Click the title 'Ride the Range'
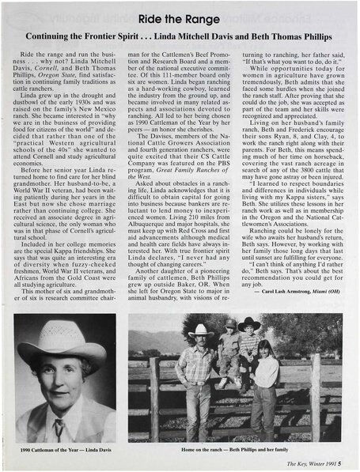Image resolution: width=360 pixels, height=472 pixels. pyautogui.click(x=179, y=17)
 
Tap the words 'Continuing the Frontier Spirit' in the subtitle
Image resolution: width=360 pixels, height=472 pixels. pyautogui.click(x=97, y=36)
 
